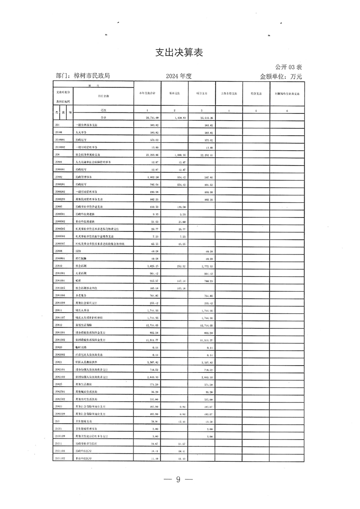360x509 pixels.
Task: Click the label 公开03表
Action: [289, 67]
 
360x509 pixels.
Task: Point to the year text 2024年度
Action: [179, 76]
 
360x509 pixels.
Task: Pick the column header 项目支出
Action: [202, 93]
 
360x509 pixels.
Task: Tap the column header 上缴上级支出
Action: [229, 93]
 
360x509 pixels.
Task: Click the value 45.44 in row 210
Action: [180, 421]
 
